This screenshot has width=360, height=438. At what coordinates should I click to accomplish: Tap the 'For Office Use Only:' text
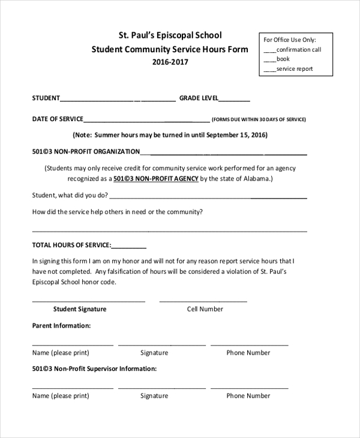pyautogui.click(x=289, y=40)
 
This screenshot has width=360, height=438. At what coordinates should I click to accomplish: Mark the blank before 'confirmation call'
pyautogui.click(x=269, y=50)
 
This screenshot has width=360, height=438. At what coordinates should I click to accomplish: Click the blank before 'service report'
pyautogui.click(x=269, y=70)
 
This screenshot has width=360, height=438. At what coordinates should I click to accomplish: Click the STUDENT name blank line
pyautogui.click(x=118, y=100)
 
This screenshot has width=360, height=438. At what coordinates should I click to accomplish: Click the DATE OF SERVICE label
pyautogui.click(x=58, y=119)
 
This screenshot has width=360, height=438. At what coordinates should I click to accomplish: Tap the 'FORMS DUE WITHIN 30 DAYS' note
pyautogui.click(x=259, y=120)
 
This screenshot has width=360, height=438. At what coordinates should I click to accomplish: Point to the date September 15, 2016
pyautogui.click(x=234, y=135)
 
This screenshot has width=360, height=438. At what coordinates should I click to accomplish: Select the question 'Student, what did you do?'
pyautogui.click(x=70, y=196)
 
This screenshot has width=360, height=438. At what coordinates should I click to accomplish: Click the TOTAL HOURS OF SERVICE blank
pyautogui.click(x=129, y=246)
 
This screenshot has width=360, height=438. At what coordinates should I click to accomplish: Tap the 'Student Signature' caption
pyautogui.click(x=80, y=310)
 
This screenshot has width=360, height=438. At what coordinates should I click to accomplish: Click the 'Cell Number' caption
pyautogui.click(x=205, y=310)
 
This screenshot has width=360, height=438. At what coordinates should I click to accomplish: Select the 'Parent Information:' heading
pyautogui.click(x=61, y=326)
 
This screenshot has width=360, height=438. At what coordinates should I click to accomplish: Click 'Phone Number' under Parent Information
pyautogui.click(x=248, y=353)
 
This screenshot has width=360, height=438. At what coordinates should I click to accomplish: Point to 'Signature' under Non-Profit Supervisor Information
pyautogui.click(x=154, y=396)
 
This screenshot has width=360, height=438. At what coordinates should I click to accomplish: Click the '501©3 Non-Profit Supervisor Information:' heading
pyautogui.click(x=94, y=369)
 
